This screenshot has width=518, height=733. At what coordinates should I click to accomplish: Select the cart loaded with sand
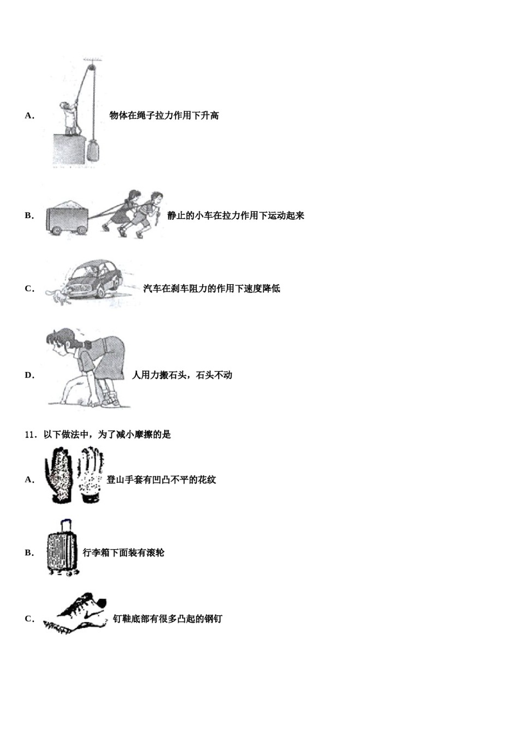tap(67, 218)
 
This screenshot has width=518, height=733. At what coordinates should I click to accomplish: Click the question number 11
tap(31, 435)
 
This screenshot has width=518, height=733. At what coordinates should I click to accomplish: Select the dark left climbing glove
tap(59, 474)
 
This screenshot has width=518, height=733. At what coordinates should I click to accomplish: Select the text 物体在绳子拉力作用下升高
tap(164, 116)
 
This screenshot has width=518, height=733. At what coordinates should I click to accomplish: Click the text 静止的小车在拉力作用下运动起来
tap(236, 216)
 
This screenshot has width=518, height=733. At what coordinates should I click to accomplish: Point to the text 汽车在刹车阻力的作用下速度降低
tap(212, 289)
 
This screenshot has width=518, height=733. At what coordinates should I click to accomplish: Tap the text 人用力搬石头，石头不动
tap(182, 375)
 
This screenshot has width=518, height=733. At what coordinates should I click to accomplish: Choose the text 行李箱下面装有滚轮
tap(123, 553)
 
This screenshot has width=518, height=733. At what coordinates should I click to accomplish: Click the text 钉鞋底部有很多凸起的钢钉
tap(167, 619)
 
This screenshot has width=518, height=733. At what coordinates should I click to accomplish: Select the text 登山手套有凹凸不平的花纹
tap(161, 480)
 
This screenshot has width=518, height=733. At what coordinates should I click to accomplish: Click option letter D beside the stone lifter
tap(29, 375)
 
